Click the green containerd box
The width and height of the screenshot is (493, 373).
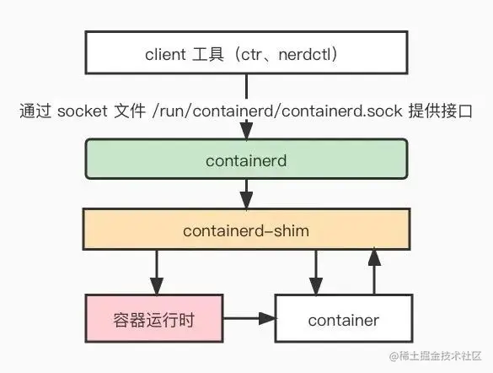tap(245, 159)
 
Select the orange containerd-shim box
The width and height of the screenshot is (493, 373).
tap(245, 230)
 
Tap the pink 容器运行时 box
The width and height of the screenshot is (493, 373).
tap(153, 318)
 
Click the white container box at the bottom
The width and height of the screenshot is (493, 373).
tap(343, 319)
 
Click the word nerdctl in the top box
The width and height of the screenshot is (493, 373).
tap(300, 55)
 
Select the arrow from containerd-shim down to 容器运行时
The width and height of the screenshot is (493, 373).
tap(153, 270)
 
